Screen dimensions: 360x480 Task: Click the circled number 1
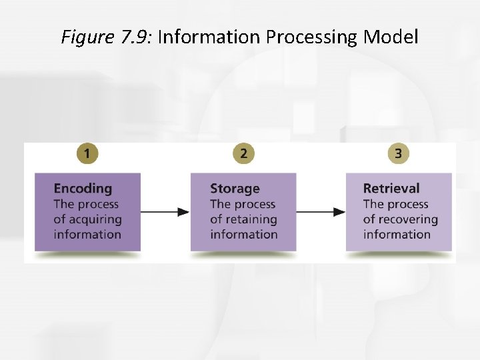(x=87, y=153)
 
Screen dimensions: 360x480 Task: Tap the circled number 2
(x=243, y=153)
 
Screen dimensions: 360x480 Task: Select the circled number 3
(x=398, y=153)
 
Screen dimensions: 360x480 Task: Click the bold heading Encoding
(x=83, y=189)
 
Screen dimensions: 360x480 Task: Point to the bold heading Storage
(x=235, y=189)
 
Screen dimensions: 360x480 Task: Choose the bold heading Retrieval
(x=391, y=189)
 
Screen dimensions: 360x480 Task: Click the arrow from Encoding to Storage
(x=165, y=212)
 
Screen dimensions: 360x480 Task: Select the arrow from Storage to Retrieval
(x=321, y=212)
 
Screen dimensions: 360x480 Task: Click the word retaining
(x=252, y=219)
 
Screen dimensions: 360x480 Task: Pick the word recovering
(x=409, y=219)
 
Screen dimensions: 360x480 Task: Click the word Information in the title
(x=210, y=37)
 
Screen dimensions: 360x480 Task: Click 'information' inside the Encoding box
(x=87, y=234)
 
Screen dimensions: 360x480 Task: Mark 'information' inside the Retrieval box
(x=397, y=234)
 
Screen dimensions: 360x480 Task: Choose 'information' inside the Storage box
(x=243, y=234)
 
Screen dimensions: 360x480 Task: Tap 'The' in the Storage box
(x=221, y=204)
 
